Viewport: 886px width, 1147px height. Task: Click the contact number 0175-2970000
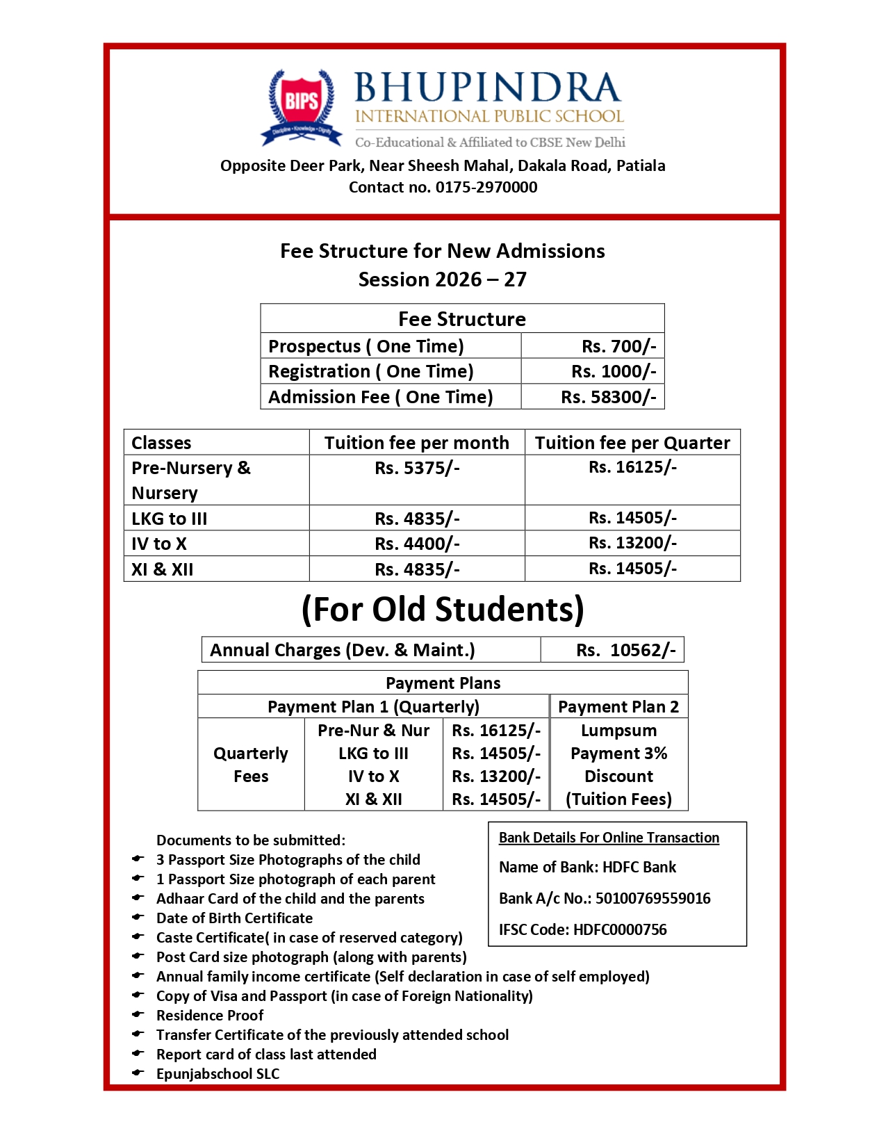(x=486, y=187)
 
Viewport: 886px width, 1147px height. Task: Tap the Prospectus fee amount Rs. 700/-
(x=618, y=346)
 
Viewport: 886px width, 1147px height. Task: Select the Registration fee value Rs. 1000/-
(x=613, y=371)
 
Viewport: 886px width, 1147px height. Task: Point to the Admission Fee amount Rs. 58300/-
(x=608, y=397)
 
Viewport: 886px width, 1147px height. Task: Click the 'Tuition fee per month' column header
(x=416, y=443)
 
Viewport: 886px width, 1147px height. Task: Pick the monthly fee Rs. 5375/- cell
(x=416, y=468)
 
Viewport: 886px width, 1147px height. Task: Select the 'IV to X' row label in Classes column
(x=159, y=544)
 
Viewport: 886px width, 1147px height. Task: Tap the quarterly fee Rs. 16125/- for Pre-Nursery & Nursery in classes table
(x=632, y=467)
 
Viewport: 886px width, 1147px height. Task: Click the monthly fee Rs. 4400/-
(x=416, y=544)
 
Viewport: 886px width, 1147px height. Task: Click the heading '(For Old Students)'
(x=443, y=609)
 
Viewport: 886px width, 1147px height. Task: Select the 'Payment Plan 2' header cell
(x=618, y=707)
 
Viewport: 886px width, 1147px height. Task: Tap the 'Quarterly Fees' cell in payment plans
(x=251, y=765)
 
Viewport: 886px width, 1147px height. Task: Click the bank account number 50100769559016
(x=653, y=898)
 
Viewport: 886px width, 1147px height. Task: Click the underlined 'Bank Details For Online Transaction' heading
(x=609, y=838)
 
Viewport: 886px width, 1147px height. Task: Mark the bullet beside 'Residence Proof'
(x=138, y=1015)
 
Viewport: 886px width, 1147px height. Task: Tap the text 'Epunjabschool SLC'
(x=218, y=1073)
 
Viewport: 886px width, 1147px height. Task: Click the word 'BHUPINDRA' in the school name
(x=487, y=88)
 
